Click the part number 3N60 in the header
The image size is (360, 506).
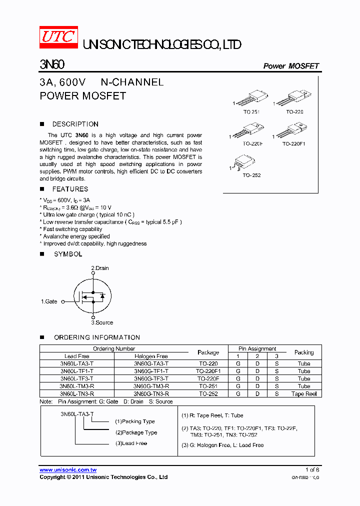coord(52,65)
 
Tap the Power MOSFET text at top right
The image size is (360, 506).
coord(290,66)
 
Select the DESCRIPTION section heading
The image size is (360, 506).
coord(75,124)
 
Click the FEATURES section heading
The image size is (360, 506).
coord(70,189)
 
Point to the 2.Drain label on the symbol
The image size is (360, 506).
coord(99,268)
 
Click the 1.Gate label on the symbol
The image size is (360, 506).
coord(49,301)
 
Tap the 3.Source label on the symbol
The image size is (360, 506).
coord(102,322)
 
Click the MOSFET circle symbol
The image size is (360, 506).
coord(92,296)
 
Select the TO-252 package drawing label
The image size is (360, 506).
coord(251,175)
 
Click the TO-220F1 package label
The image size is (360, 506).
coord(293,143)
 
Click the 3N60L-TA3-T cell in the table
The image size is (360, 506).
coord(76,363)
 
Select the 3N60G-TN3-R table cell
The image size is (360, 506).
coord(151,393)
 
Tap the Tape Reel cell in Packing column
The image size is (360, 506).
coord(304,393)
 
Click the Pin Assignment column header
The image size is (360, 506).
coord(257,348)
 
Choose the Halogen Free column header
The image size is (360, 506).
coord(151,356)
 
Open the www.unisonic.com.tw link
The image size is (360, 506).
coord(68,470)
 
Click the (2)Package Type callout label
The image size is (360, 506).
coord(136,432)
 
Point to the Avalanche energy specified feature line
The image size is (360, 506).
coord(76,236)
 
